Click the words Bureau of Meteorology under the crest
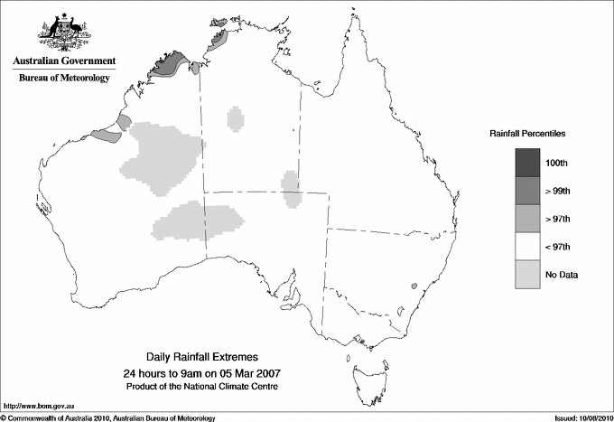click(x=64, y=78)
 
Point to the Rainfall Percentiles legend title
click(x=527, y=134)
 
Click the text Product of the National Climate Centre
click(x=201, y=386)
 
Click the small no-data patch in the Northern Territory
click(x=237, y=118)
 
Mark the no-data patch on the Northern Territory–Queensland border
click(x=291, y=188)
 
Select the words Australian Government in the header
click(x=64, y=61)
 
